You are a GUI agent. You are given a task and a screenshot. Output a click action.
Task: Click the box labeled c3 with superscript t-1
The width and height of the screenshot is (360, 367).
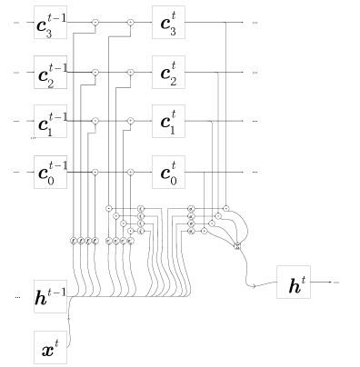tap(50, 22)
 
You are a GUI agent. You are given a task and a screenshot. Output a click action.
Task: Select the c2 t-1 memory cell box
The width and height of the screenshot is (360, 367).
tap(50, 72)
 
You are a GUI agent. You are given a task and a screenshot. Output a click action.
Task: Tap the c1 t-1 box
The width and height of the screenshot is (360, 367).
tap(50, 121)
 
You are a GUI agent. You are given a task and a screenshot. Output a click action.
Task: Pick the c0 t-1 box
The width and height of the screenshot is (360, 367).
tap(50, 172)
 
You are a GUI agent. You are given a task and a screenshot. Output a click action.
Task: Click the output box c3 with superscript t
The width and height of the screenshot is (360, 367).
tap(168, 22)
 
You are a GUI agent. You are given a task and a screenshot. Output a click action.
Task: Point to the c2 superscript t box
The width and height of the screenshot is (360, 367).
tap(168, 72)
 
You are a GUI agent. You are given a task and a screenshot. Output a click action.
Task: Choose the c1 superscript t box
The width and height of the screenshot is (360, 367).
tap(168, 121)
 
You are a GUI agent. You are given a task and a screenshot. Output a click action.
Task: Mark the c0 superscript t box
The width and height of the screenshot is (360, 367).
tap(168, 172)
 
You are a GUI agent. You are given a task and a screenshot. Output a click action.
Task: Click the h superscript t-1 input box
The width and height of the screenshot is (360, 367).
tap(50, 296)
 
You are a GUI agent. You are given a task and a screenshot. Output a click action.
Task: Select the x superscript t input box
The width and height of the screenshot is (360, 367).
tap(50, 347)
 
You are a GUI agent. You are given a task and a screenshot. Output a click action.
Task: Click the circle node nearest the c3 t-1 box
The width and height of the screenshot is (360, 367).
tap(95, 22)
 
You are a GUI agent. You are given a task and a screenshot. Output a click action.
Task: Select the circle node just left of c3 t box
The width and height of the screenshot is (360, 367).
tap(130, 22)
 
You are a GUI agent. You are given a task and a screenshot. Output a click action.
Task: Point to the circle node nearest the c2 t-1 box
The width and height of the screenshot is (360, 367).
tap(95, 72)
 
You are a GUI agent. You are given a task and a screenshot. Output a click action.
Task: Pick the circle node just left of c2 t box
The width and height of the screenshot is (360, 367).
tap(130, 72)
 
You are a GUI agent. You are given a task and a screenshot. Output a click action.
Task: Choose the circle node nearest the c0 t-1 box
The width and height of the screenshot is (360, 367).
tap(95, 172)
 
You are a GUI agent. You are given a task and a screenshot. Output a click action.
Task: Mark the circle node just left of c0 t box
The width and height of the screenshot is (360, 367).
tap(130, 172)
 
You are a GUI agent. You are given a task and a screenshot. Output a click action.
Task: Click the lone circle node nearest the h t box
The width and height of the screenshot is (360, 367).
tap(237, 246)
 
